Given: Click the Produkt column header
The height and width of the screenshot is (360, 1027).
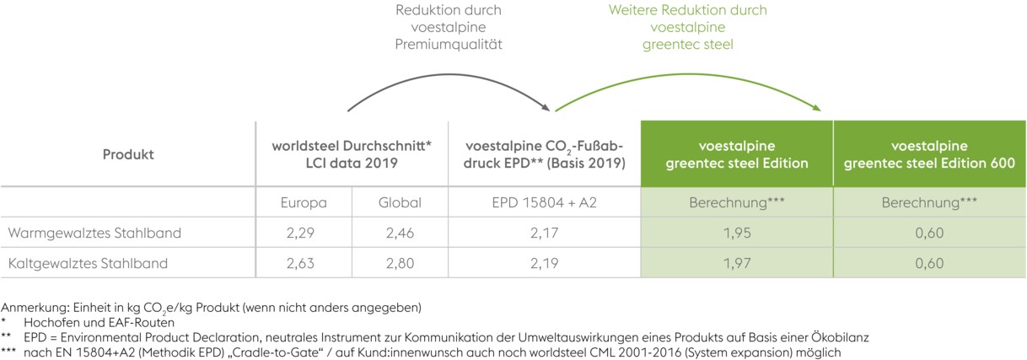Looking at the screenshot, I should [x=128, y=154].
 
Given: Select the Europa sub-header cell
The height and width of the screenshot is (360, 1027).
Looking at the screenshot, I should [x=304, y=202].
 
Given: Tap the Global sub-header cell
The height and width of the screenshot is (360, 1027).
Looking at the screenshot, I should [x=400, y=202].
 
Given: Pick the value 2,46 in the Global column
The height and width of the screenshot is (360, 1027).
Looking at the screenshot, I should [x=400, y=232].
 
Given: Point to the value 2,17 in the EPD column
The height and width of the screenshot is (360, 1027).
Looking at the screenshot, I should [x=545, y=232].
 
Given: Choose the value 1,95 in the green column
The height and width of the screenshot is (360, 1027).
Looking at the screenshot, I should [x=737, y=232].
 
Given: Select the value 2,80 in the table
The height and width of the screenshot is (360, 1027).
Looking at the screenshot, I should [x=400, y=262].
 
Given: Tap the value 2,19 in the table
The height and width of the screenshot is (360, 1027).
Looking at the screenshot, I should [x=545, y=262].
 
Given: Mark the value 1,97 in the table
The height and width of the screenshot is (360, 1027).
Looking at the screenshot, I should [x=737, y=262].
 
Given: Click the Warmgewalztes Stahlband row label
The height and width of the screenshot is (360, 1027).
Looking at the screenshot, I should [x=94, y=232].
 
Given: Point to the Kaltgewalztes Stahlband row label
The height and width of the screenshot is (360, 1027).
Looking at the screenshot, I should [x=88, y=262].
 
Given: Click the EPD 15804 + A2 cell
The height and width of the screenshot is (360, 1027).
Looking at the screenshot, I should [x=545, y=202].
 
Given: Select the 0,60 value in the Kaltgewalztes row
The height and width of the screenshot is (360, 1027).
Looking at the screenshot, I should [x=929, y=262].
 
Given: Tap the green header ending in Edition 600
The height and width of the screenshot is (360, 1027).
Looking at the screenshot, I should [x=929, y=154].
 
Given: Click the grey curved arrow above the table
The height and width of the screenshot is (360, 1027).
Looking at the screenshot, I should [x=447, y=78].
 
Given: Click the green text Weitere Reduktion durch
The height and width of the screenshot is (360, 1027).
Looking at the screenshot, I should [x=687, y=10].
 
